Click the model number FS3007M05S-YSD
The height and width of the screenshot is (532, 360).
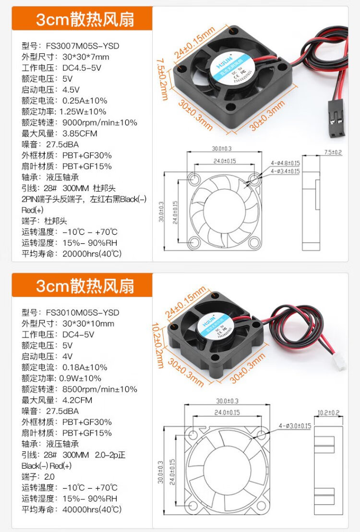pos(83,46)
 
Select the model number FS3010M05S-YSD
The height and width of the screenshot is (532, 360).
pos(83,313)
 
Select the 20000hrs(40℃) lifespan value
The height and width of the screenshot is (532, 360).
pos(92,254)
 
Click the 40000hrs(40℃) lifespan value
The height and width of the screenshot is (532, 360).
pos(92,509)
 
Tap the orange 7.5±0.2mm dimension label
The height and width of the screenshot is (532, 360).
pos(162,80)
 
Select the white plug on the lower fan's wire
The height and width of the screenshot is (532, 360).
pos(340,363)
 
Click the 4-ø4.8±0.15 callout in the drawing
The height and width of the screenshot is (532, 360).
pos(285,163)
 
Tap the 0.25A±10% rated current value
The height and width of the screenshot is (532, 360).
pos(85,101)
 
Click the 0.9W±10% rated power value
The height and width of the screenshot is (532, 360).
pos(82,378)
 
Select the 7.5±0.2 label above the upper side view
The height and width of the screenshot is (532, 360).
pos(333,152)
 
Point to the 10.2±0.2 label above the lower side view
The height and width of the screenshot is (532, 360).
pos(329,412)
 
